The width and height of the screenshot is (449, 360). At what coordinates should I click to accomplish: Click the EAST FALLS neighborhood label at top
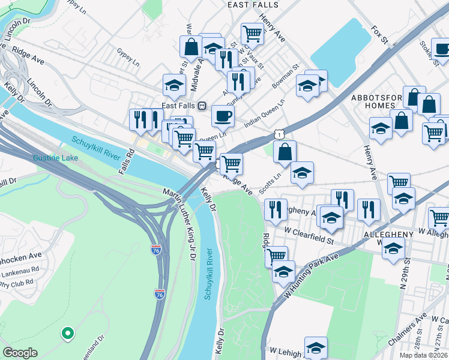tap(253, 4)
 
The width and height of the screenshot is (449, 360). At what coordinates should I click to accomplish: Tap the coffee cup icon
tap(223, 115)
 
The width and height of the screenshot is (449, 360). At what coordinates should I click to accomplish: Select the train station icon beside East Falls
tap(202, 105)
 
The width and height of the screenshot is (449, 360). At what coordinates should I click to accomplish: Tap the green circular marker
tap(68, 332)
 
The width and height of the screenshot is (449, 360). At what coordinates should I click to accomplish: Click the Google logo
tap(20, 353)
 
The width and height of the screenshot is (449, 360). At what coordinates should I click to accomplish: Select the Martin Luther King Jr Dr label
tap(181, 223)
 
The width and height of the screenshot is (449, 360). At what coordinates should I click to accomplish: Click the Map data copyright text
tap(423, 355)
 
